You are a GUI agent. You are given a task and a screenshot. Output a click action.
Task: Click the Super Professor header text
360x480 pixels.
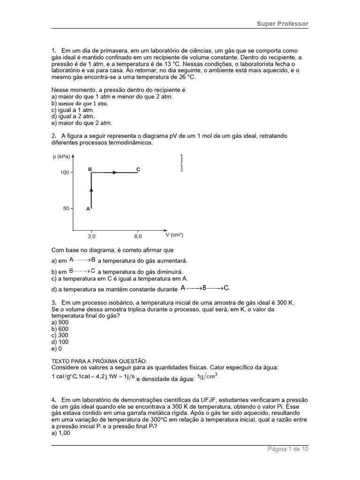[282, 23]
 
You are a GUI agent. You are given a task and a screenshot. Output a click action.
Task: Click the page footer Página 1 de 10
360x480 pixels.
[288, 449]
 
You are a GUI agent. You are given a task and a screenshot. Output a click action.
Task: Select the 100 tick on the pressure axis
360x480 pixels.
[64, 172]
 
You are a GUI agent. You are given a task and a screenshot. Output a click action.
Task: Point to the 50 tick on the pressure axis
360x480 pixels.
[66, 209]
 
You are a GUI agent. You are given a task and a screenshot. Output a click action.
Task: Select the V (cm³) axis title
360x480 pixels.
[174, 234]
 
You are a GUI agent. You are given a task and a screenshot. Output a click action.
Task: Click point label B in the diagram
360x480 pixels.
[90, 168]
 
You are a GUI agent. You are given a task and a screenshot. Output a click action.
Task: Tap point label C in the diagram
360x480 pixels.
[138, 169]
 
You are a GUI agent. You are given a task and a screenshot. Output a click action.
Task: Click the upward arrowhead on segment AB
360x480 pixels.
[91, 189]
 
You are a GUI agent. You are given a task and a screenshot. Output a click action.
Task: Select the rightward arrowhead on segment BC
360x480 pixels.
[114, 172]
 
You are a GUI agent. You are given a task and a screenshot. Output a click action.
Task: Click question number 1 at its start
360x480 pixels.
[53, 51]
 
